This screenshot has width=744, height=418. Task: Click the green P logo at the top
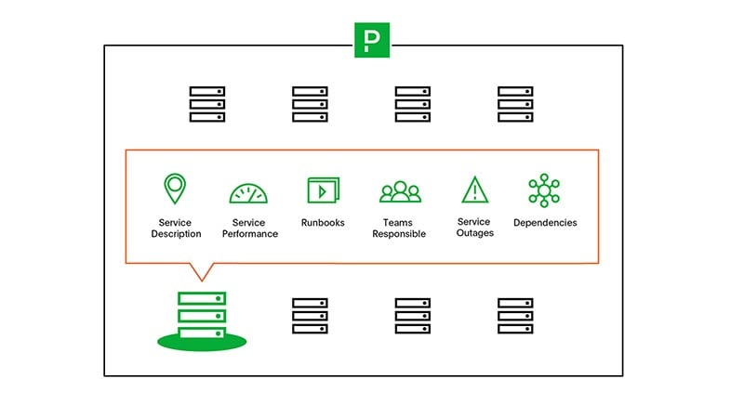point(372,40)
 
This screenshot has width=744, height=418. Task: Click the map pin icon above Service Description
point(175,189)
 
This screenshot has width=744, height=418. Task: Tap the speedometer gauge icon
point(248,193)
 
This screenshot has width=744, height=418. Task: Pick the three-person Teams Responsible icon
point(400,191)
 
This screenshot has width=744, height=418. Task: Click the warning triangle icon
point(475,189)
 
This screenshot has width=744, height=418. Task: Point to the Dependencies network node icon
point(544,189)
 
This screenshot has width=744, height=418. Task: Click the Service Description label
point(176,229)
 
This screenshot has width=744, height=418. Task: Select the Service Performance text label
point(249,229)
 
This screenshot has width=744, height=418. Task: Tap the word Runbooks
point(323,223)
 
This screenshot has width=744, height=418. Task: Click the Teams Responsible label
point(399,229)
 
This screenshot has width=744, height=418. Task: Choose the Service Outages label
point(474,228)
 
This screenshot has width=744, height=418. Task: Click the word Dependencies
point(545,223)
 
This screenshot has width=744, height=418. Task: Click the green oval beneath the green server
point(202,343)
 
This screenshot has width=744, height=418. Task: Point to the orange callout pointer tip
point(201,281)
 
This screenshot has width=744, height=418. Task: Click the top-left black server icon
point(207,104)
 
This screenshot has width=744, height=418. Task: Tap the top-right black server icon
point(515,104)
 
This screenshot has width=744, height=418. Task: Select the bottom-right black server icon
point(515,316)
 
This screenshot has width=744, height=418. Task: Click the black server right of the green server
point(310,316)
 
